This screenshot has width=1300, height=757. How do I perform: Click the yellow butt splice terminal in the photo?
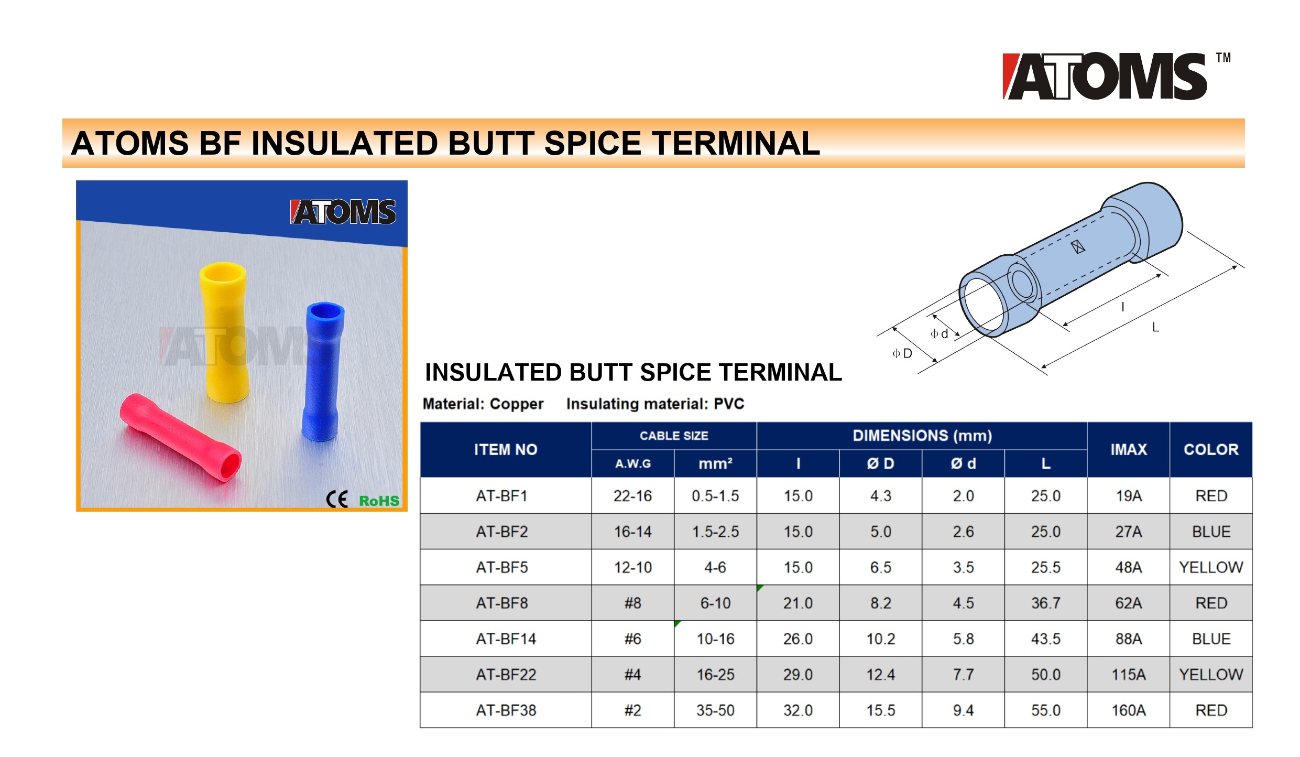[224, 332]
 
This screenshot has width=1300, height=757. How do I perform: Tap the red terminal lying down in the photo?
[180, 437]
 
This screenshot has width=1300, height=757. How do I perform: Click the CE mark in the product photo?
[337, 499]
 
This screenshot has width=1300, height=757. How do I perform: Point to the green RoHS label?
[379, 501]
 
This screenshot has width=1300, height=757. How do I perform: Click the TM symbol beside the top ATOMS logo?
[1223, 58]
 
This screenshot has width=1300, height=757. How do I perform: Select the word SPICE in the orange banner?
[593, 143]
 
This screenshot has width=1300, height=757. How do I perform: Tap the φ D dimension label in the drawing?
[902, 353]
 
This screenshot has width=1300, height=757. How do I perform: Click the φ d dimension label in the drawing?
[939, 334]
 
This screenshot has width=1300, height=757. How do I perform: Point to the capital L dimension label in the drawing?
[1155, 328]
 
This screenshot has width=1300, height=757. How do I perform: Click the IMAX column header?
[1129, 449]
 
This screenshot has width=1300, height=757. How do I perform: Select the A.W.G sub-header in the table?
[633, 463]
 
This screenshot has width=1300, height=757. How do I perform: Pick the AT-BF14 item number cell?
[506, 639]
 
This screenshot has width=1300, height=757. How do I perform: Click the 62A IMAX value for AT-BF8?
[1129, 603]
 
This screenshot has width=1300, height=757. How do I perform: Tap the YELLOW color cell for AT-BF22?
[1211, 674]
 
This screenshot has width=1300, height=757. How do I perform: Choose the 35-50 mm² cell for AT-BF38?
[715, 710]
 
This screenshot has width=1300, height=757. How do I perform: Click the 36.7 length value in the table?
[1046, 603]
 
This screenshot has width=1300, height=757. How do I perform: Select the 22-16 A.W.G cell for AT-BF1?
[633, 496]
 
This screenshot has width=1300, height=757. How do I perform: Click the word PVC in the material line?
[729, 404]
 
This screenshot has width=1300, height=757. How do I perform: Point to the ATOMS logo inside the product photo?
[343, 212]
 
